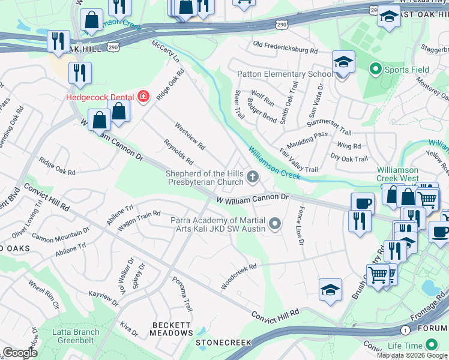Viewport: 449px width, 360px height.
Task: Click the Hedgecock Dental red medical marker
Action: (143, 97)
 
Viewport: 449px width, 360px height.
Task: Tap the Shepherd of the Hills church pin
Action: (253, 177)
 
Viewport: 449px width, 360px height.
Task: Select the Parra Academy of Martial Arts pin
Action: (276, 224)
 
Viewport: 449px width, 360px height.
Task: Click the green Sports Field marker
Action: (376, 70)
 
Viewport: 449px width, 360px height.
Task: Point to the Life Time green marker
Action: (430, 345)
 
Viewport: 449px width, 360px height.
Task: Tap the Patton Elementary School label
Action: (285, 74)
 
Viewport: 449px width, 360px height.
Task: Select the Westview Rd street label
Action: (190, 137)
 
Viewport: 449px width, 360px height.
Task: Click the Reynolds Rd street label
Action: (178, 152)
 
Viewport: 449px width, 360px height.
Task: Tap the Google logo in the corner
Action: (19, 353)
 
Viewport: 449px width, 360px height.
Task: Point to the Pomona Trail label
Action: (182, 298)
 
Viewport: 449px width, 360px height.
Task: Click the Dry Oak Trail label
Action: (349, 158)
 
